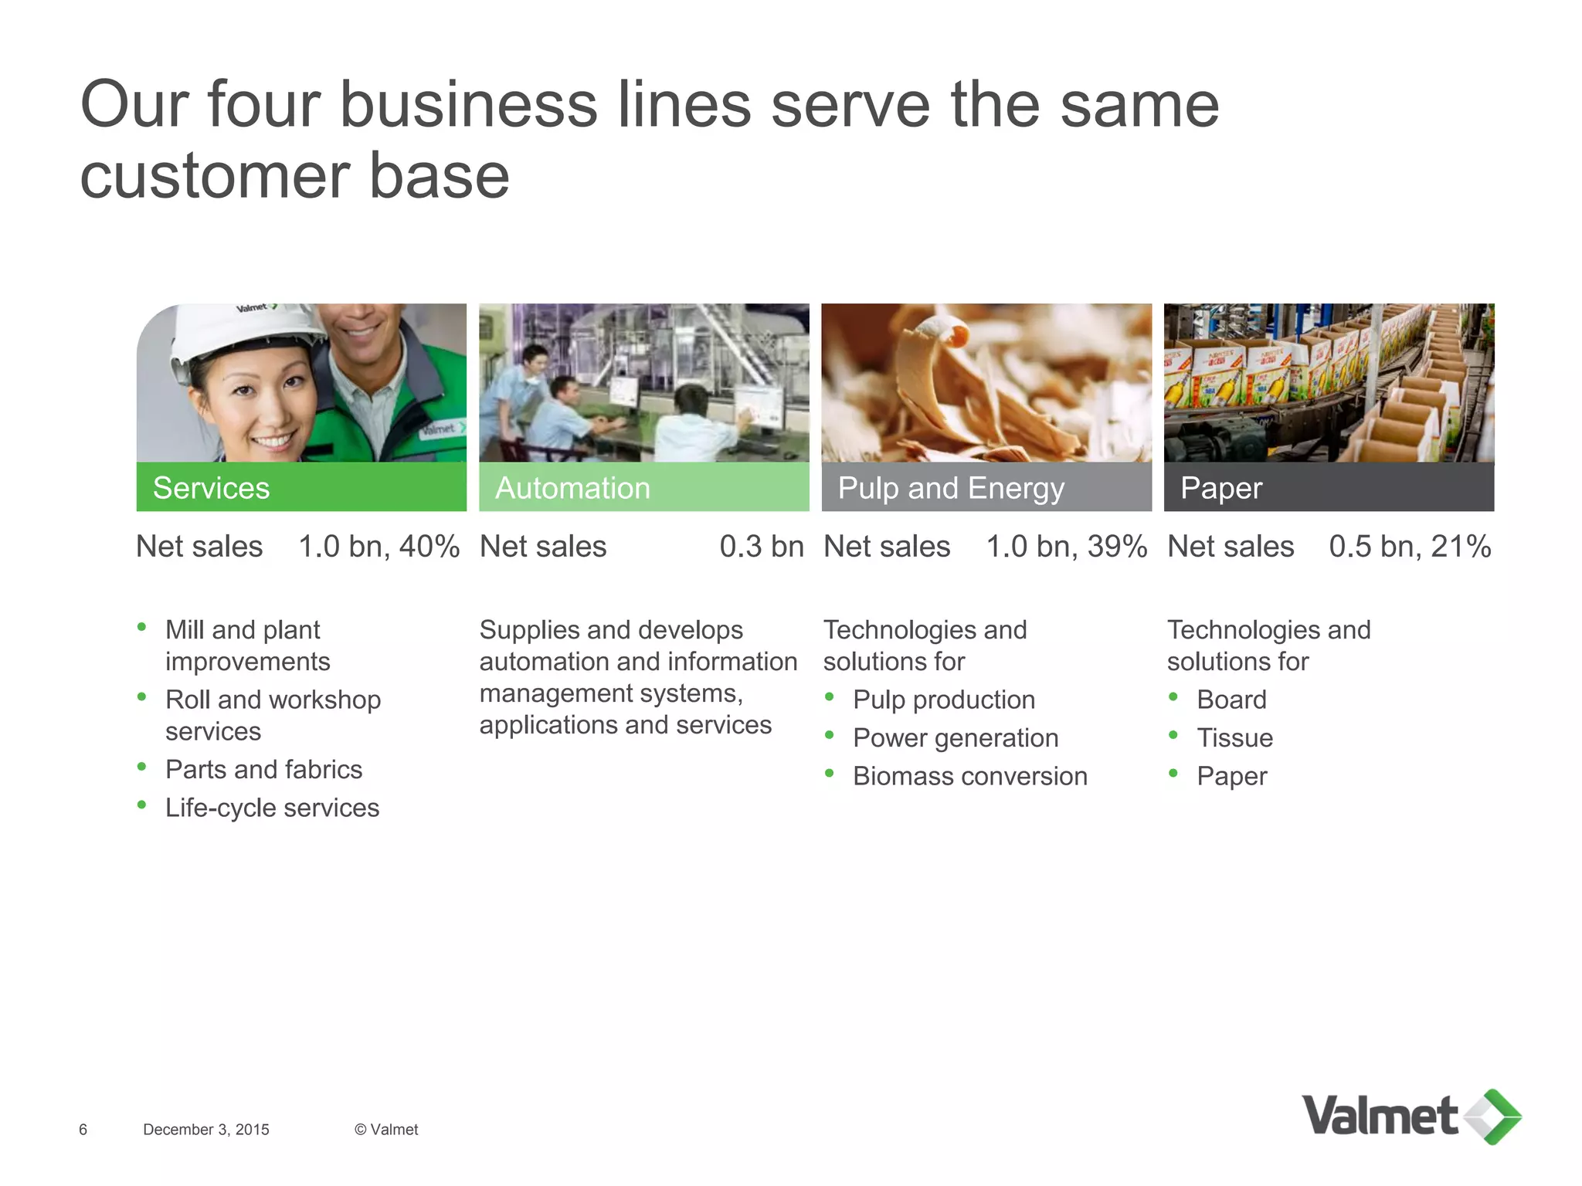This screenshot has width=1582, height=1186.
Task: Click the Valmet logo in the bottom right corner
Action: pyautogui.click(x=1411, y=1117)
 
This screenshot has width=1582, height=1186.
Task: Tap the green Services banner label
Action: pyautogui.click(x=211, y=488)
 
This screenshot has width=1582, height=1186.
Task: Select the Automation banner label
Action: pyautogui.click(x=572, y=488)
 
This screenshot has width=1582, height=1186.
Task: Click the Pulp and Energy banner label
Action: pyautogui.click(x=951, y=488)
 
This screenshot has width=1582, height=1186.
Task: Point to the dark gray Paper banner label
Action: pyautogui.click(x=1221, y=488)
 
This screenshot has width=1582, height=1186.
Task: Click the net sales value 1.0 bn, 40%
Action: pyautogui.click(x=379, y=547)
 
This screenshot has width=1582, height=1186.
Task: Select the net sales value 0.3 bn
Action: pyautogui.click(x=762, y=547)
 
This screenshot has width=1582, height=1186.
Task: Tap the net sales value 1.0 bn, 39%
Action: pyautogui.click(x=1066, y=547)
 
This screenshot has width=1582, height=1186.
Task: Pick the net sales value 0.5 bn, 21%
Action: pyautogui.click(x=1410, y=547)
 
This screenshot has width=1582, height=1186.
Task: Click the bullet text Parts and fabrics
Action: pyautogui.click(x=263, y=770)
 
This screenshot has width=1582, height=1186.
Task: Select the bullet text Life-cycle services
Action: pyautogui.click(x=272, y=808)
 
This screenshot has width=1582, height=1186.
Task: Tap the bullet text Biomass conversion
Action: pyautogui.click(x=969, y=776)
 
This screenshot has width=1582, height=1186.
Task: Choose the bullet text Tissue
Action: pyautogui.click(x=1234, y=738)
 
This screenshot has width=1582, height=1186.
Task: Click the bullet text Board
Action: pyautogui.click(x=1231, y=700)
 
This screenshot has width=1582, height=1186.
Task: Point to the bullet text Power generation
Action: pyautogui.click(x=956, y=738)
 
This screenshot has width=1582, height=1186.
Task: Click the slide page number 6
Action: pyautogui.click(x=83, y=1130)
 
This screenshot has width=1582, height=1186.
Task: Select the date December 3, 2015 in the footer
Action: pyautogui.click(x=206, y=1130)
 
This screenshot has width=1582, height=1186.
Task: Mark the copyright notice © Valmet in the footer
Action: pyautogui.click(x=386, y=1130)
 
